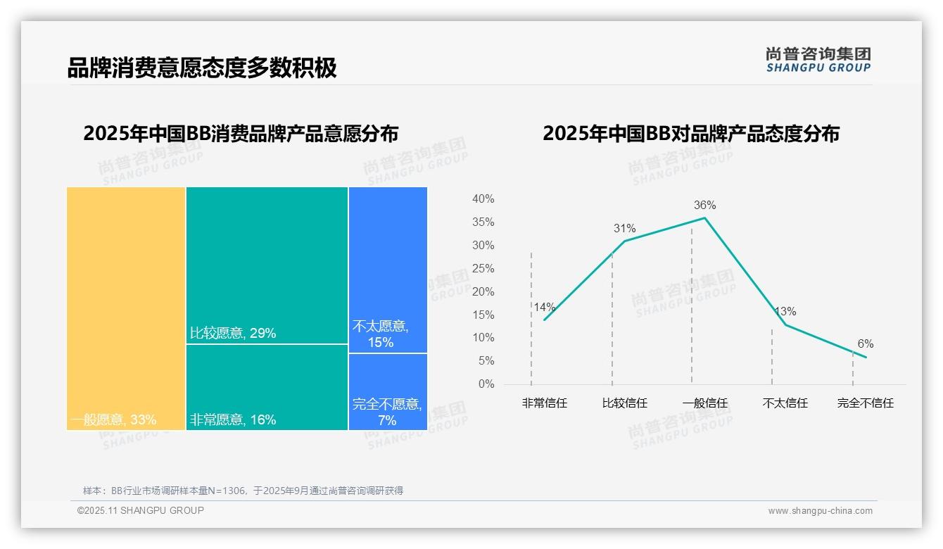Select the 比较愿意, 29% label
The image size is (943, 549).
coord(233,333)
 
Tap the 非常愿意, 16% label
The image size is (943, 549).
coord(233,420)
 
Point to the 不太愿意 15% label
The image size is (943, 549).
coord(381,334)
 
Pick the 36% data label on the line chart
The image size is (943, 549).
coord(704,206)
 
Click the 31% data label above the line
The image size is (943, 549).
coord(624,229)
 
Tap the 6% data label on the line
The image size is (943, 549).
coord(865,344)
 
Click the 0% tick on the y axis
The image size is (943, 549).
coord(486,384)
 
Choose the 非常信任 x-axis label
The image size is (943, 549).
coord(544,403)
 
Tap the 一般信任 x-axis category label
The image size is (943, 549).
coord(704,403)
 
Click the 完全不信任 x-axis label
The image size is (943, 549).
coord(865,403)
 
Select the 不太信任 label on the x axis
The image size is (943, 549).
coord(785,403)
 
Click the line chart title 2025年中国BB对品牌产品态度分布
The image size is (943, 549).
coord(690,134)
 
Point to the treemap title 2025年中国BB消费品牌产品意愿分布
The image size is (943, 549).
coord(241,134)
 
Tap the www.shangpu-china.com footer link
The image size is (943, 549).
coord(820,511)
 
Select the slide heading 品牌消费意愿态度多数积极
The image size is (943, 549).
coord(202,68)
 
